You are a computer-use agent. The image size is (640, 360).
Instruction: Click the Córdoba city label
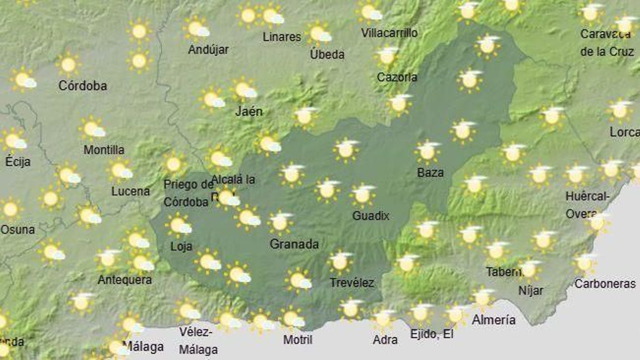(x=82, y=86)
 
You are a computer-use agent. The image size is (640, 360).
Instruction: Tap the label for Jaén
(x=249, y=111)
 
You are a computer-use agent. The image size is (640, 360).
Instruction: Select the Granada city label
(x=294, y=244)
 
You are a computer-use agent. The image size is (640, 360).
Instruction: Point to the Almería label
(x=494, y=320)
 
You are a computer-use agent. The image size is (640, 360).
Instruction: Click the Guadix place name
(x=370, y=216)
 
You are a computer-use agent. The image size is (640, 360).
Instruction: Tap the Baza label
(x=430, y=172)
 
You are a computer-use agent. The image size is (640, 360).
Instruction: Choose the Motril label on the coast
(x=298, y=340)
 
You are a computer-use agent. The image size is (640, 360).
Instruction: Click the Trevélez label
(x=352, y=283)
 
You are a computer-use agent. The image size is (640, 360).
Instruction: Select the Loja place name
(x=181, y=246)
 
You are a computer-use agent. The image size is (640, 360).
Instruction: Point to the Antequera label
(x=125, y=280)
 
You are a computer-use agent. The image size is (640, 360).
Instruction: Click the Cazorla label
(x=397, y=77)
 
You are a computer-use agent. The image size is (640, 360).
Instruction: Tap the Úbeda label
(x=327, y=54)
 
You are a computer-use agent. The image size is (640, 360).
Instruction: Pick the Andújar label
(x=208, y=50)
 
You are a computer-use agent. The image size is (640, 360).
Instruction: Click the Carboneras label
(x=605, y=284)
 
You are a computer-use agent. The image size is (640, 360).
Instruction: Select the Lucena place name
(x=130, y=191)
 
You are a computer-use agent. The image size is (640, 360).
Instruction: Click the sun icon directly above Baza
(x=427, y=152)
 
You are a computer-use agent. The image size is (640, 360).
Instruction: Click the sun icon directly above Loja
(x=178, y=225)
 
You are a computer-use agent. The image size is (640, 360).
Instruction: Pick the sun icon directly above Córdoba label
(x=68, y=64)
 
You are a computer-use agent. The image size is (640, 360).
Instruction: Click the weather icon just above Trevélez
(x=340, y=262)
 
